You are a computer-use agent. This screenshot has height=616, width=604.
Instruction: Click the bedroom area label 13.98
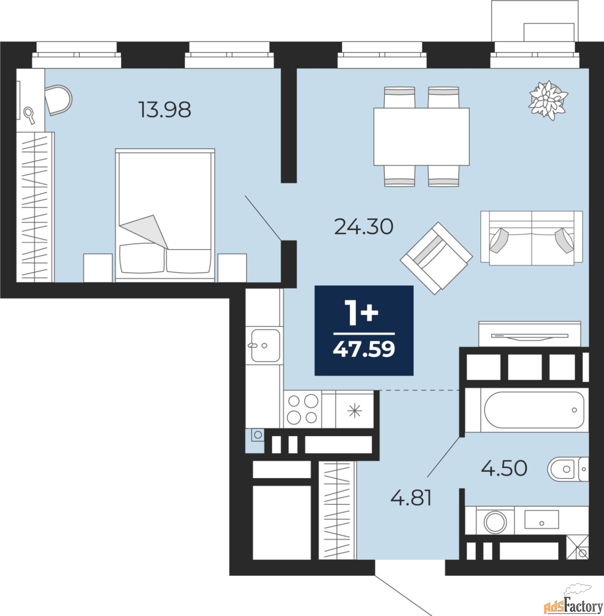pos(164,109)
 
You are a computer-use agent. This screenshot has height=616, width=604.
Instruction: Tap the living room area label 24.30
pos(364,227)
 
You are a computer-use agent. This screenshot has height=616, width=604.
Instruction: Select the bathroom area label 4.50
pos(504,469)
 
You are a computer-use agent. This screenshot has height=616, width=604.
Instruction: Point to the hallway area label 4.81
pos(411,498)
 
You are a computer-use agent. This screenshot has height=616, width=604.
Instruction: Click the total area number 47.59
pos(364,349)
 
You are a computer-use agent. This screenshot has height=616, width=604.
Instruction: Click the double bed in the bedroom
pos(165,216)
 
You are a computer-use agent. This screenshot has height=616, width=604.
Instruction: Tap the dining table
pos(422,137)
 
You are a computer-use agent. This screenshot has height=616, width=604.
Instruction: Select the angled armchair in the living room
pos(436,258)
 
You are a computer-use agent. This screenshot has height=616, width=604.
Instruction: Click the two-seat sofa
pos(531,238)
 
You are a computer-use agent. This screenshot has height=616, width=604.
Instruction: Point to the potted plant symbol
pos(548,100)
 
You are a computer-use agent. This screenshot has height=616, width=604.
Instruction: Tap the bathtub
pos(534,410)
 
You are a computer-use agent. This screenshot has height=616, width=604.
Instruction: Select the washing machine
pos(495,522)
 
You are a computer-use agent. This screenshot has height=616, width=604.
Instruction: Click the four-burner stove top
pos(302,409)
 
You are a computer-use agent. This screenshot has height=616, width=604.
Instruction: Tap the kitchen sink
pos(265,345)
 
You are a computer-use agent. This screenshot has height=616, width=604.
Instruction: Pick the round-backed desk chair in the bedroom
pos(59,100)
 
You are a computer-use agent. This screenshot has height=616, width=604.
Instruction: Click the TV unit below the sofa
pos(529,334)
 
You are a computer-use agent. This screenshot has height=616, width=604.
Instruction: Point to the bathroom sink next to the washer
pos(541,519)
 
